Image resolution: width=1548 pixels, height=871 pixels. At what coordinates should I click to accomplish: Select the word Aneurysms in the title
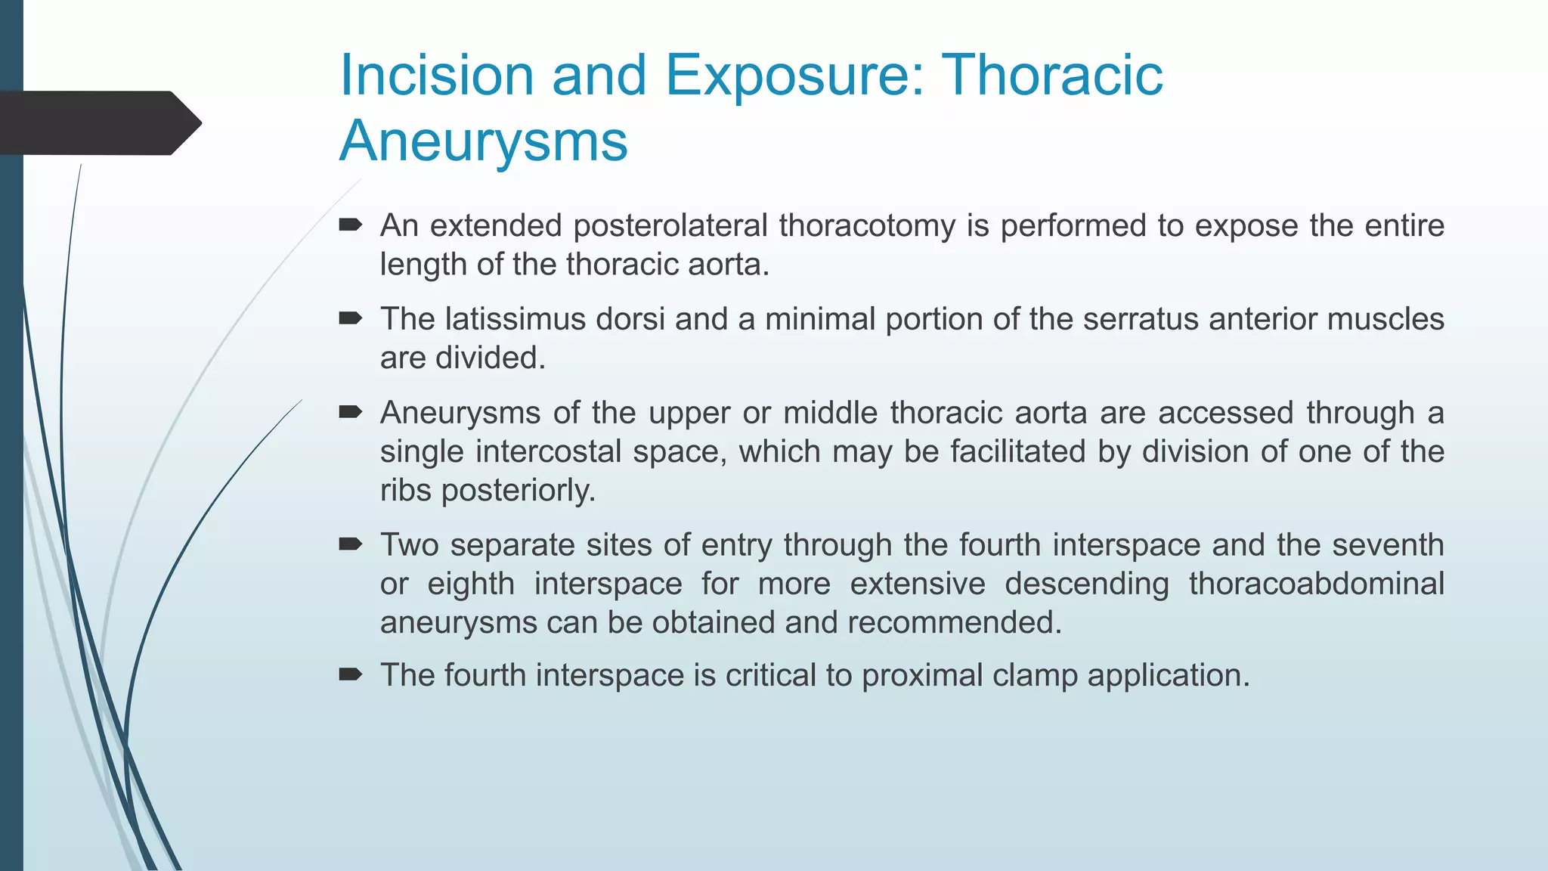484,141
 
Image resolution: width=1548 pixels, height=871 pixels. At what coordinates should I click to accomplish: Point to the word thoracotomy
867,225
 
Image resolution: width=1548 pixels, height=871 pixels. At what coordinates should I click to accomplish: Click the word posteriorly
519,490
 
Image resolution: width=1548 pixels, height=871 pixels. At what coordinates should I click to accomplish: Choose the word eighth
471,584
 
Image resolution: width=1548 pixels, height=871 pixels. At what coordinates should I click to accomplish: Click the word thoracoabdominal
1316,584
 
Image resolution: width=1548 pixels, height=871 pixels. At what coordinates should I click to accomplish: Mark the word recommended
955,622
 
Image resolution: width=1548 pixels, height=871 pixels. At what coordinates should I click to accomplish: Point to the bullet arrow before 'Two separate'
351,544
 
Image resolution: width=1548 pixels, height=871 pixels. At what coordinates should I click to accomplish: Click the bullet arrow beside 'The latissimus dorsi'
351,318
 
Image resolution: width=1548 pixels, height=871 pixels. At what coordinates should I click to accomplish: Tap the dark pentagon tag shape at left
98,123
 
